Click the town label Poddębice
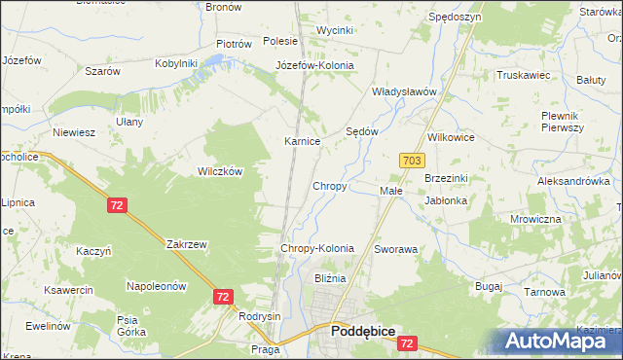click(362, 332)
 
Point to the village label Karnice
click(302, 141)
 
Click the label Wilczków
click(220, 170)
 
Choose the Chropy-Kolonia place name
click(316, 249)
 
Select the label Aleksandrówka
click(572, 181)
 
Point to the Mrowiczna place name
click(535, 219)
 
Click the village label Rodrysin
click(259, 316)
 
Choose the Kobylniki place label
click(176, 63)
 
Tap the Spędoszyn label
click(454, 18)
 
